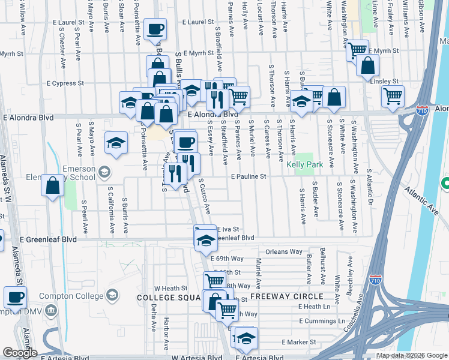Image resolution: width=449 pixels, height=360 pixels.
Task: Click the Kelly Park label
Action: click(x=304, y=164)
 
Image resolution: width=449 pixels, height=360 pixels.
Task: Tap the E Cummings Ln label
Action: click(x=321, y=321)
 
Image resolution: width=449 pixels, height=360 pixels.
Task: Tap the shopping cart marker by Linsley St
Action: click(x=393, y=96)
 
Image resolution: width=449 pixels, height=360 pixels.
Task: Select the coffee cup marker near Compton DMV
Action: click(x=15, y=298)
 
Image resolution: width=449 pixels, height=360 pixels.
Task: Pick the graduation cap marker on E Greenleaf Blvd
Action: click(x=205, y=238)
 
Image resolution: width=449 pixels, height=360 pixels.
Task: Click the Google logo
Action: click(x=20, y=353)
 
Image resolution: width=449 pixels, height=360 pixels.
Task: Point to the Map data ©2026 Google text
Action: click(x=412, y=355)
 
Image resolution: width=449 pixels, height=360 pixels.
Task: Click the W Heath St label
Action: click(x=171, y=288)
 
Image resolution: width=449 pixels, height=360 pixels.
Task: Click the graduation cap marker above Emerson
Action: click(x=116, y=143)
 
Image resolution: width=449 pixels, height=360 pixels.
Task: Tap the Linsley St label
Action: click(x=384, y=81)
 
